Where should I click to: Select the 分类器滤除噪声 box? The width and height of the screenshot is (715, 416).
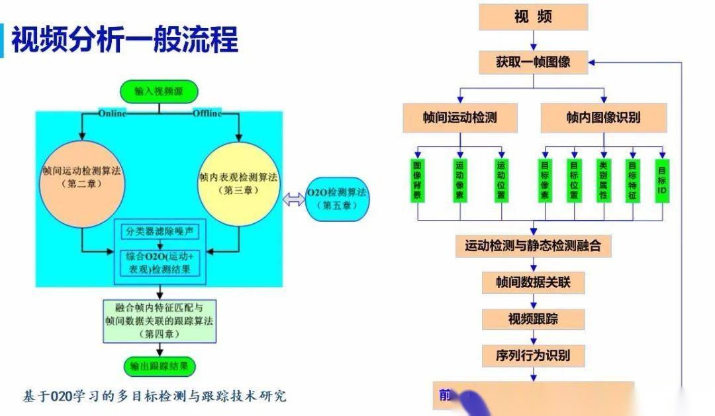161,231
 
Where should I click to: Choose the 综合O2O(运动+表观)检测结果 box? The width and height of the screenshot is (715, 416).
161,263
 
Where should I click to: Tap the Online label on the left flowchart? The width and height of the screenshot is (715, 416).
111,113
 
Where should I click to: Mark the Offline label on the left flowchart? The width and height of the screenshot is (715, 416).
207,113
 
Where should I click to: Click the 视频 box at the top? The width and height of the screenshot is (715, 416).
533,18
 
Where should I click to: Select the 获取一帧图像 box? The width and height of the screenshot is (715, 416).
533,62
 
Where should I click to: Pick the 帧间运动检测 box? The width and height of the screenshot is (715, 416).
460,118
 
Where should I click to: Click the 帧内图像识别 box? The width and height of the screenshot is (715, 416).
603,118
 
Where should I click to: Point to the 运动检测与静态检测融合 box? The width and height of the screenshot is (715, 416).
533,246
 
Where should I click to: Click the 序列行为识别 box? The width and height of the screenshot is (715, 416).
533,355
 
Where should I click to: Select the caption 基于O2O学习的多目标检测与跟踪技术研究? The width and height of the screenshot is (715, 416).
155,396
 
